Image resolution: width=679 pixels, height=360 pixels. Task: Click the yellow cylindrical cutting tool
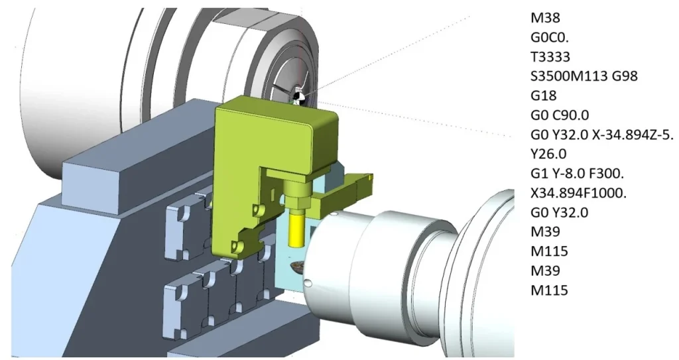(295, 225)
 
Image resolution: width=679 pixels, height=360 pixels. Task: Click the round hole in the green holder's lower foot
(233, 246)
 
